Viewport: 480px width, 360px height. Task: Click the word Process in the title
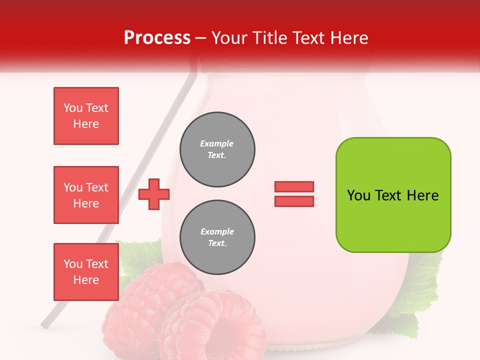click(157, 38)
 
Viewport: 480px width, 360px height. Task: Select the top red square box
click(86, 116)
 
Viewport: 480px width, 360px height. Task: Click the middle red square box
click(86, 195)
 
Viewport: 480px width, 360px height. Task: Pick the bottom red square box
click(86, 272)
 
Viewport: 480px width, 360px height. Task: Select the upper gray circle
click(217, 149)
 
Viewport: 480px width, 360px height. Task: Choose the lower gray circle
click(217, 237)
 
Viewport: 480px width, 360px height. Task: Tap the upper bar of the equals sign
click(294, 186)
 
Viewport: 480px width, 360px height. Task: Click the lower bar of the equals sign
click(294, 201)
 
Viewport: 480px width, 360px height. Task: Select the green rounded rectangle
click(393, 195)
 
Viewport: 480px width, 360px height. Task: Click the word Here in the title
click(348, 38)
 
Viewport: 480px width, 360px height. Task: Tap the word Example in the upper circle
click(216, 143)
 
